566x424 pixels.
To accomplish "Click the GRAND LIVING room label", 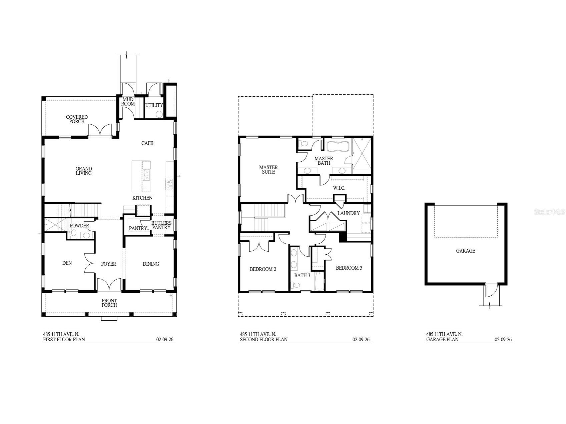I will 83,171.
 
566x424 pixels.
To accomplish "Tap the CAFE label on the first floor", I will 147,143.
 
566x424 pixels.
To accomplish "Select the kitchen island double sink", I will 146,175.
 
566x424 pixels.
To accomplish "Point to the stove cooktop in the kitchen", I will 169,184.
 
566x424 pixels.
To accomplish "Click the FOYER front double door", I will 109,285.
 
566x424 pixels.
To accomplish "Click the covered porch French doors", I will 100,130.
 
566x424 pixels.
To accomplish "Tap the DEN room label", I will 67,263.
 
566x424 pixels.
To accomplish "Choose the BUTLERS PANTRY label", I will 161,225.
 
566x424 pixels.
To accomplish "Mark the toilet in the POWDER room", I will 74,233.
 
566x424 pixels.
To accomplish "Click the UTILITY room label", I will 154,105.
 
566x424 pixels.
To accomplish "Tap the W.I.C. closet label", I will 339,188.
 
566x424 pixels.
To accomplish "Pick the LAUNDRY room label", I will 349,213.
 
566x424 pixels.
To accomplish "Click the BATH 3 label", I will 302,276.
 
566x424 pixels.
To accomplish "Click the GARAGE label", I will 466,251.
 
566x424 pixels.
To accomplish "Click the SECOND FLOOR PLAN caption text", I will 263,340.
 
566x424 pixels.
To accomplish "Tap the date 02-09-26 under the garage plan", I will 503,340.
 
